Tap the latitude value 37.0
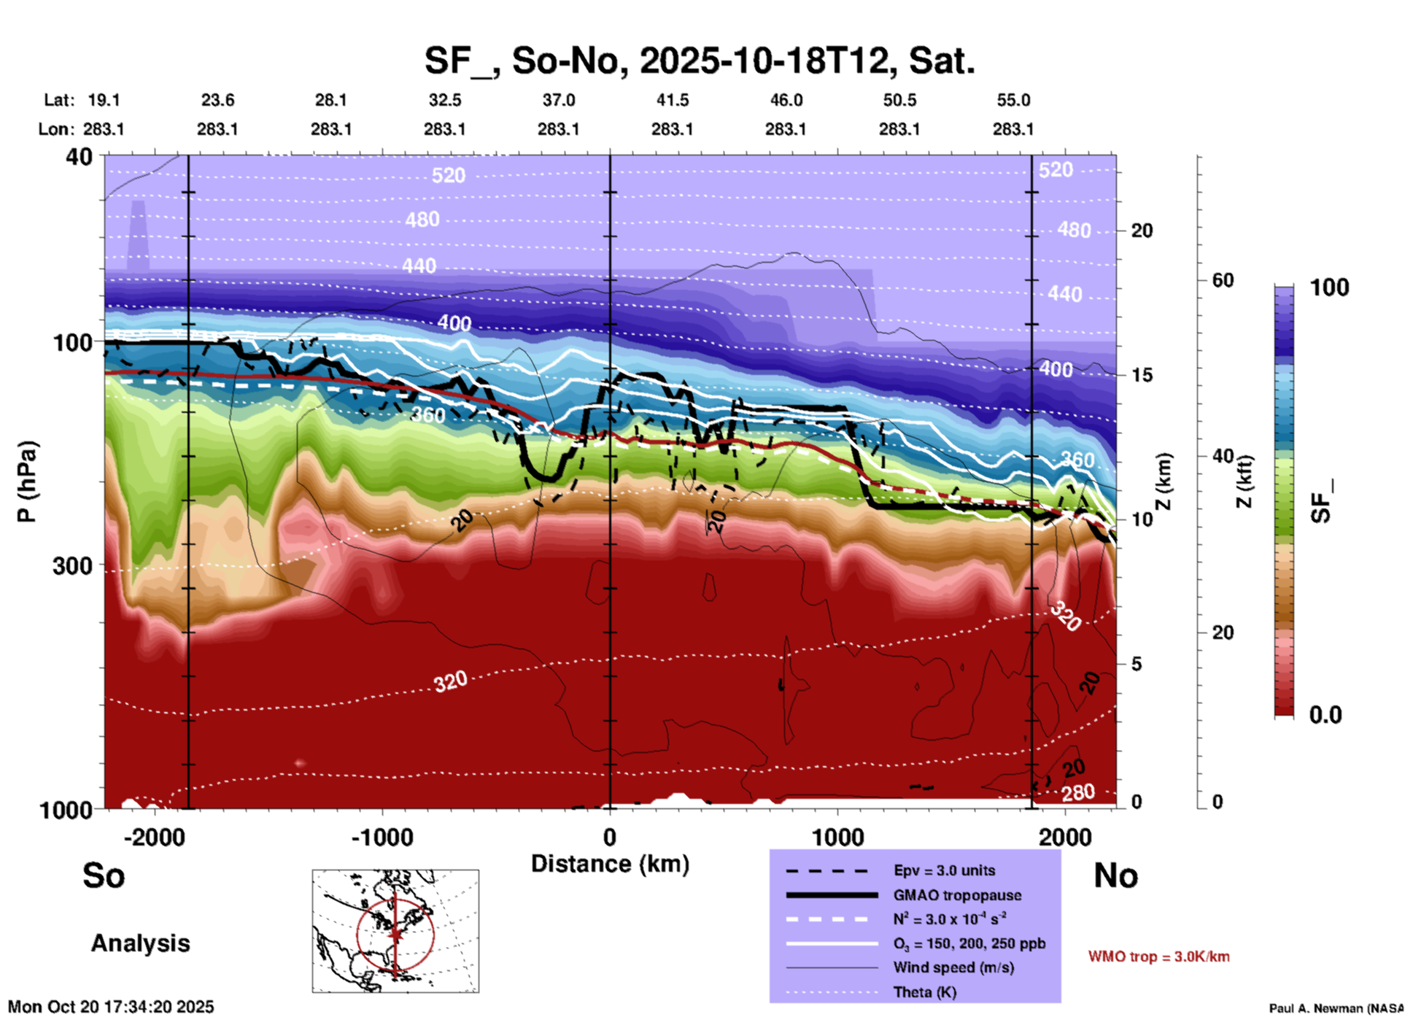point(558,100)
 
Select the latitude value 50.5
point(899,100)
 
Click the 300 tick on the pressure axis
point(72,566)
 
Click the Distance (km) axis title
point(610,864)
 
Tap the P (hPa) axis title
point(27,481)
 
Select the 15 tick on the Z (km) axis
point(1142,375)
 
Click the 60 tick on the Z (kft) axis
point(1223,280)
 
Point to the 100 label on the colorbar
point(1329,287)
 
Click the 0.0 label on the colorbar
point(1325,715)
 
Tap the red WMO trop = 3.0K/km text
point(1158,956)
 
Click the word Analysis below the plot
point(140,943)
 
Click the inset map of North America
point(395,931)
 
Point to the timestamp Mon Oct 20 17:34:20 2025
point(111,1007)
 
